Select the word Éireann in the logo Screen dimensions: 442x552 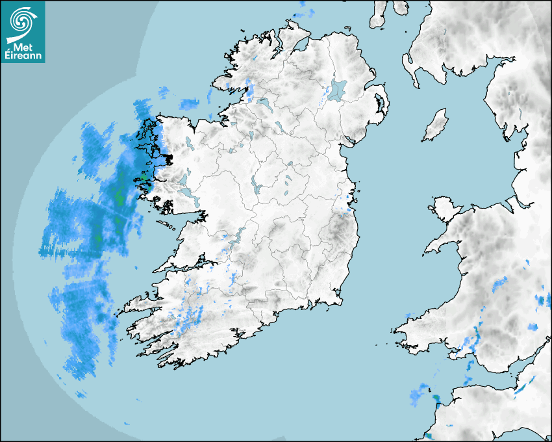click(23, 57)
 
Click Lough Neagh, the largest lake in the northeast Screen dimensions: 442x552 click(338, 90)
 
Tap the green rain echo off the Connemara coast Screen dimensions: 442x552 click(144, 178)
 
